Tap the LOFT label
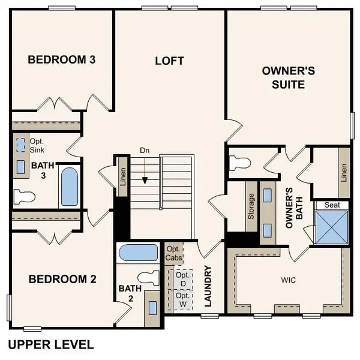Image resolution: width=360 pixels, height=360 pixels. pyautogui.click(x=169, y=61)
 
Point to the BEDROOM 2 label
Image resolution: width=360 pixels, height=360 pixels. pyautogui.click(x=62, y=279)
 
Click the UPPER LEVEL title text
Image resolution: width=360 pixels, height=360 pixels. pyautogui.click(x=50, y=344)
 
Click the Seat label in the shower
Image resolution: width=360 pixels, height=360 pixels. pyautogui.click(x=332, y=205)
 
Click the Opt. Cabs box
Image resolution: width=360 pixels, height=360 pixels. pyautogui.click(x=174, y=253)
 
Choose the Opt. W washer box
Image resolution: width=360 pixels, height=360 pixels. pyautogui.click(x=183, y=300)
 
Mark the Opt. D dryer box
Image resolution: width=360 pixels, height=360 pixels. pyautogui.click(x=183, y=278)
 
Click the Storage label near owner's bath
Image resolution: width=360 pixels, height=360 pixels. pyautogui.click(x=250, y=207)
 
